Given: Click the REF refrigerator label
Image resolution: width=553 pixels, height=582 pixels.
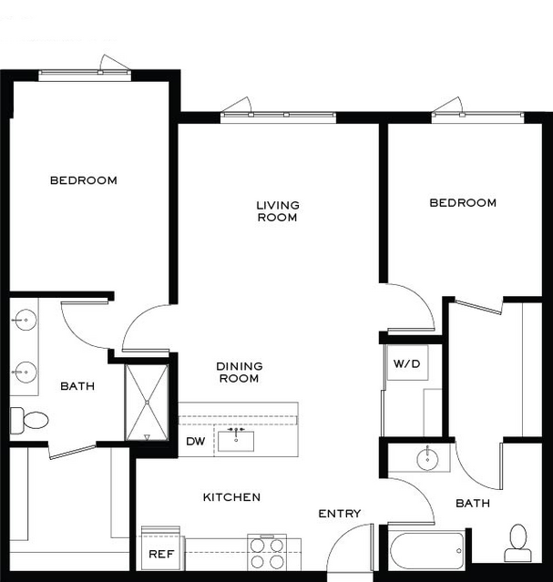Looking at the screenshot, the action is point(161,554).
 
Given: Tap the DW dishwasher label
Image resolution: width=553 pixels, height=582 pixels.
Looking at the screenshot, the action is point(195,442).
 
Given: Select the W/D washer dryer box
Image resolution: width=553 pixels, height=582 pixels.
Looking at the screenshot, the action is point(407,362).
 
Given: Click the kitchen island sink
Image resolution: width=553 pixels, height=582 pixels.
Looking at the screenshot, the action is point(236,441).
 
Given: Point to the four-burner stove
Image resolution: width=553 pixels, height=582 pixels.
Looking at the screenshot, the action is point(267,553).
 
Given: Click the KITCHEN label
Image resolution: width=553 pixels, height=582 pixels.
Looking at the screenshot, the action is point(231,497).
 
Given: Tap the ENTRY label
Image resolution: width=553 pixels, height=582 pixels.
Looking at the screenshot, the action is point(340,514).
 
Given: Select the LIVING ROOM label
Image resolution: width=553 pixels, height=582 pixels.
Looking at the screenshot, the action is point(278,211).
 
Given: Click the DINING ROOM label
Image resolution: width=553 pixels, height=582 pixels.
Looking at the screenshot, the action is point(240,373).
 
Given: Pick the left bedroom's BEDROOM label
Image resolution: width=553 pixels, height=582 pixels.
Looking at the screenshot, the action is point(84,180).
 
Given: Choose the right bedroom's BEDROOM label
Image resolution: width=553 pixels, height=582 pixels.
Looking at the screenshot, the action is point(463,203).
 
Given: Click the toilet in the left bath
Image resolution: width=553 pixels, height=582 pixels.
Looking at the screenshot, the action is point(29,420).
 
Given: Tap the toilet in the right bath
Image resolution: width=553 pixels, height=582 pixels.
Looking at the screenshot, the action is point(518,543).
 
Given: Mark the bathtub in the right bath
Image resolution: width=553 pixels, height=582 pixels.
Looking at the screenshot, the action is point(427,551).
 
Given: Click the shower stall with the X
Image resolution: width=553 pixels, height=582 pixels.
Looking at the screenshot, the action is point(147,403).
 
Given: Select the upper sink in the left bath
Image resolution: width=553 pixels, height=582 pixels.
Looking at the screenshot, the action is point(26,320).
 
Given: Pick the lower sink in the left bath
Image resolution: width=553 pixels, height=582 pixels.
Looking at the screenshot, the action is point(26,372).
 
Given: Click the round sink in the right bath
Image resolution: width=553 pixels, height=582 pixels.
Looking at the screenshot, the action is point(428,459).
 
